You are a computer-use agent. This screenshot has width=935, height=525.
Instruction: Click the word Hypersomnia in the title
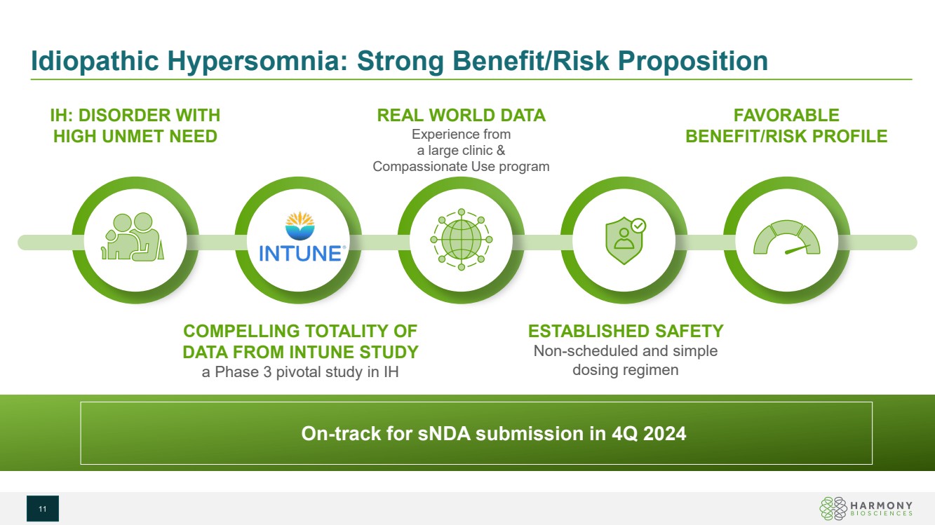point(257,61)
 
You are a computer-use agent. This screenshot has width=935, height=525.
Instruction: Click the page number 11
point(43,509)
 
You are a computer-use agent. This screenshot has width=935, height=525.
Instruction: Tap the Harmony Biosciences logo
point(866,508)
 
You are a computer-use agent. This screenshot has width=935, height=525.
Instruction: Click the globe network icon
point(462,239)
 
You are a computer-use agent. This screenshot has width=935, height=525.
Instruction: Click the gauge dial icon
point(787,238)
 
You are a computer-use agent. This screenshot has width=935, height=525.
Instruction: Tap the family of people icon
point(133,237)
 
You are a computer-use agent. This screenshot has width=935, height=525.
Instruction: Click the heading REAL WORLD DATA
point(462,115)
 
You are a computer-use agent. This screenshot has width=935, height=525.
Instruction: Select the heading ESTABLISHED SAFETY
point(625,331)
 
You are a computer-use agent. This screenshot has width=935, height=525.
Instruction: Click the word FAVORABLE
point(786,115)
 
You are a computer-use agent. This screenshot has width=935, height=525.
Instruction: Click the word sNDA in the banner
point(444,433)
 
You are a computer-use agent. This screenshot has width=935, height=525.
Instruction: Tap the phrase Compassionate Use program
point(461,166)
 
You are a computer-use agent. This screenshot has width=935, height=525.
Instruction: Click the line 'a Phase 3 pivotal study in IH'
point(300,371)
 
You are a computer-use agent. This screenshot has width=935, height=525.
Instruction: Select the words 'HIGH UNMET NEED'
point(135,137)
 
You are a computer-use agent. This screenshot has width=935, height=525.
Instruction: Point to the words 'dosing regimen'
point(625,370)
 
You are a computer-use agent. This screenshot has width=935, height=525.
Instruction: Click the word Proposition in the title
point(692,61)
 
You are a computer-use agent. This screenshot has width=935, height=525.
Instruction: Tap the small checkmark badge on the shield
point(638,226)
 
